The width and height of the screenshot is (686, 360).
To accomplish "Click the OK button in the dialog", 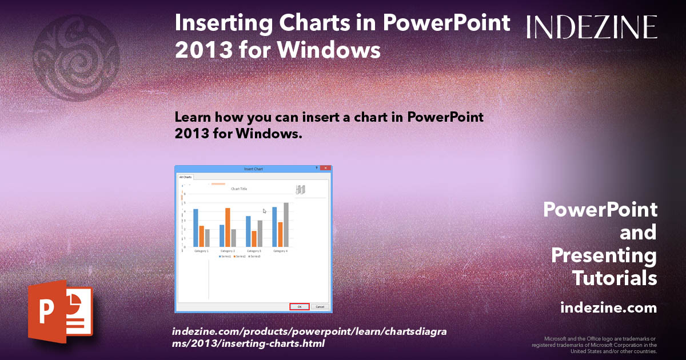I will [300, 307].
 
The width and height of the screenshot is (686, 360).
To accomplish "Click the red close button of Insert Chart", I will [325, 169].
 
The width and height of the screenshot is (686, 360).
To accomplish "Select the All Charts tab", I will [186, 177].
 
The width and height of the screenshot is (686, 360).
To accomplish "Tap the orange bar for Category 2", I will [228, 227].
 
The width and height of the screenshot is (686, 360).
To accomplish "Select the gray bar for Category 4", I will [286, 224].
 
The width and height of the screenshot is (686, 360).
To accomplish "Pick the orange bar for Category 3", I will [254, 238].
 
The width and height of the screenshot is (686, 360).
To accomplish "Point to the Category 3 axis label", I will [254, 251].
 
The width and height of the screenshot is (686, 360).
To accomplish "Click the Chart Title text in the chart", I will [239, 189].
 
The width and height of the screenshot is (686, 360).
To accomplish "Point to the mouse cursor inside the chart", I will [264, 211].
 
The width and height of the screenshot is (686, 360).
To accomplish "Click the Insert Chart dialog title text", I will [253, 169].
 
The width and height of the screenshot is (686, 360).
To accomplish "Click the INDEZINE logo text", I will [592, 27].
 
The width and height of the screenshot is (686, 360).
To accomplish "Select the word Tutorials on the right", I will [615, 278].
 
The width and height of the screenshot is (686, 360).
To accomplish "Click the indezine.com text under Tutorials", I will [608, 308].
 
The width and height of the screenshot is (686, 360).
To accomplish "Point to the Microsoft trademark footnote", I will [595, 345].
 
